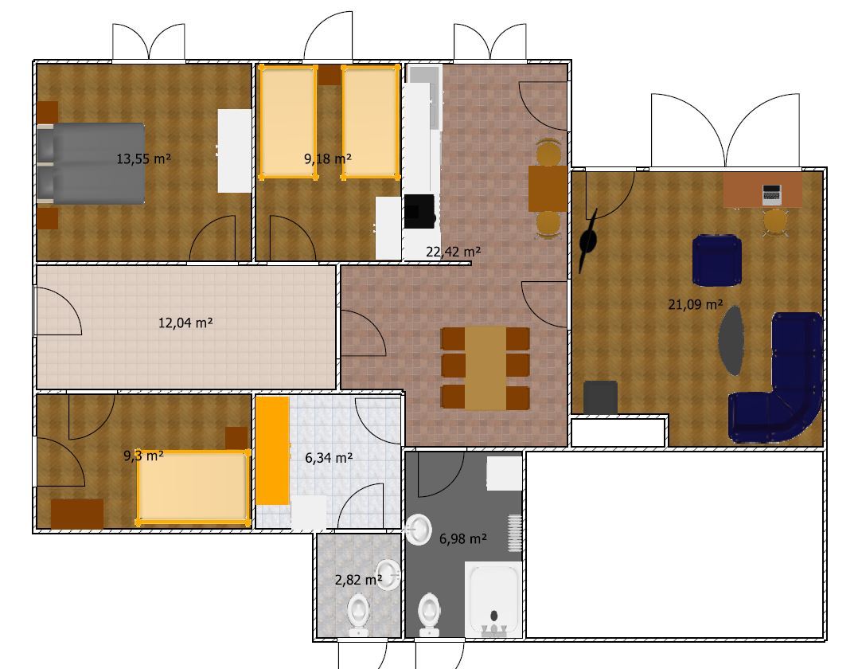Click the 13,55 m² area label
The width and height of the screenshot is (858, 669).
(x=143, y=158)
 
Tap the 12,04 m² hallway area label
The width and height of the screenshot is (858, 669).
(x=185, y=323)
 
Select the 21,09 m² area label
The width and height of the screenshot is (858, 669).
(x=695, y=303)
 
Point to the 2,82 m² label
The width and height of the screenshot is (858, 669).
(x=358, y=580)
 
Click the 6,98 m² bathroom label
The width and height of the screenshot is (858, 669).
(x=462, y=538)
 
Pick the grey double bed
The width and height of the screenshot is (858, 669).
(x=91, y=163)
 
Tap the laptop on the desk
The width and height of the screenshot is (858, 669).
(x=772, y=193)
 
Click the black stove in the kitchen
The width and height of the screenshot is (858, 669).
(x=419, y=211)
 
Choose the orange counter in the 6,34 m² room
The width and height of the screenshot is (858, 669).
(x=272, y=450)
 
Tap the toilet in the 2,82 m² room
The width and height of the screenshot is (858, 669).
(x=359, y=614)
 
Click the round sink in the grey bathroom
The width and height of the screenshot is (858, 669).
(x=418, y=529)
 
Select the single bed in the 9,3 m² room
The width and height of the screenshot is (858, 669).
(x=192, y=487)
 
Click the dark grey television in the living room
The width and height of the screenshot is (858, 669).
(x=600, y=397)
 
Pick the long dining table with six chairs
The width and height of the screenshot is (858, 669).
(x=486, y=367)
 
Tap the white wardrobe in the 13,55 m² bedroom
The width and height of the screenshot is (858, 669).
(x=234, y=151)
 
